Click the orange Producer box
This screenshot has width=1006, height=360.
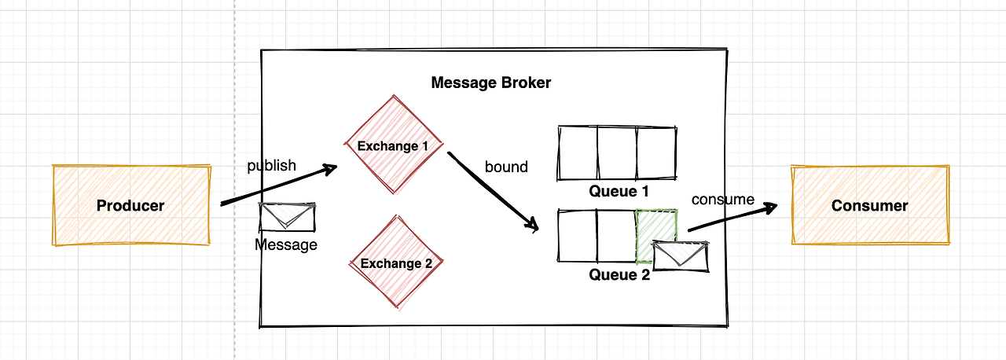coord(131,205)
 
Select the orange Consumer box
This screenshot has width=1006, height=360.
coord(870,205)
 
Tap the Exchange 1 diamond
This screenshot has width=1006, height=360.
coord(393,145)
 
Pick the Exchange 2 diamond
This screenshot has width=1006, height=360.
coord(396,263)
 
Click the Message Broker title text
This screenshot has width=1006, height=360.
coord(491,83)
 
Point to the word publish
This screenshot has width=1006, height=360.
coord(272,165)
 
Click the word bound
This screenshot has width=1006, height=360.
coord(506,167)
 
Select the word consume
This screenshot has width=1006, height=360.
coord(722,200)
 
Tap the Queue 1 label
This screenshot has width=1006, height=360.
coord(620,191)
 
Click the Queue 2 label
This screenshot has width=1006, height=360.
coord(620,274)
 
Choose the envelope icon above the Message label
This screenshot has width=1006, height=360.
coord(288,216)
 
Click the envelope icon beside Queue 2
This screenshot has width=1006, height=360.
coord(681,254)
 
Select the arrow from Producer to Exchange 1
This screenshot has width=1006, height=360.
coord(279,186)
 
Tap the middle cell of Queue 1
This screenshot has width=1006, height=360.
coord(617,152)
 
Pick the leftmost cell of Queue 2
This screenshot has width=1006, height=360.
coord(578,235)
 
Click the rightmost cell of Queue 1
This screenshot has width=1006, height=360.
coord(655,152)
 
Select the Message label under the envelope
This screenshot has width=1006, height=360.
coord(286,244)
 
